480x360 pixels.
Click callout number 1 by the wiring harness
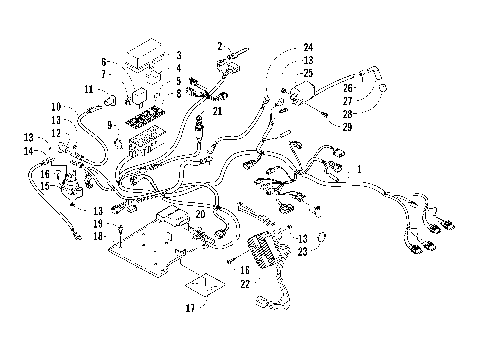pos(359,170)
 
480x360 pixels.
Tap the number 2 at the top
pos(219,47)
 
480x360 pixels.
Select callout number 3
pos(178,55)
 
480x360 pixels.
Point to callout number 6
pos(103,62)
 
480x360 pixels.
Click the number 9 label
pos(112,125)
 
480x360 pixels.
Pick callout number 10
pos(56,106)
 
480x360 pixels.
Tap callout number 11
pos(88,90)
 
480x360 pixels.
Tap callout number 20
pos(201,214)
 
